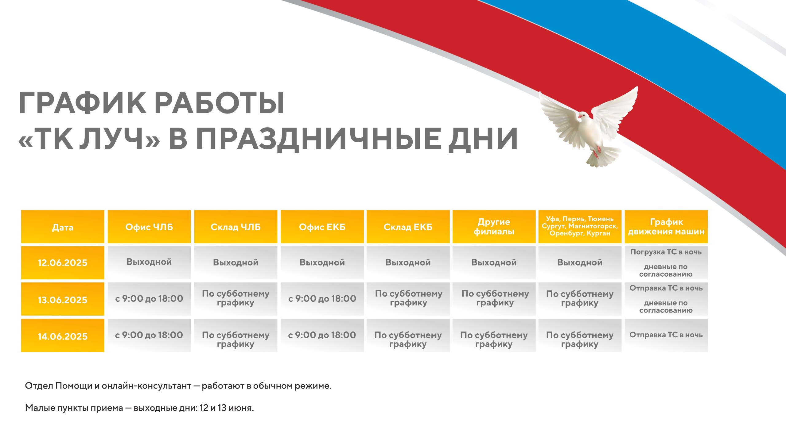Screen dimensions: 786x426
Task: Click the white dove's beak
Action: [579, 117]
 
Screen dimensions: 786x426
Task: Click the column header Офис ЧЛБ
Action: [149, 227]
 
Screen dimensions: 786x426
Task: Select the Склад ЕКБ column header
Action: [408, 227]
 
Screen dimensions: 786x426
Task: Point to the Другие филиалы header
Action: [494, 227]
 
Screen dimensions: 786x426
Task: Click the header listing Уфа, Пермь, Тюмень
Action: [580, 227]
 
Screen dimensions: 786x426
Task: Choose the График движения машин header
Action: [666, 227]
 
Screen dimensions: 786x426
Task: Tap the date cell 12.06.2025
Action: [63, 263]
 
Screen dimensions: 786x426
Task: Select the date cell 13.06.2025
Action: [63, 299]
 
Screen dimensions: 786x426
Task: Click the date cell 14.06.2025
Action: [63, 336]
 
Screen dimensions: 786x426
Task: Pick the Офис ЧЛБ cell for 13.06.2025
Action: [149, 299]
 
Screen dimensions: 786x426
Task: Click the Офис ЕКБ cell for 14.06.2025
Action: [322, 336]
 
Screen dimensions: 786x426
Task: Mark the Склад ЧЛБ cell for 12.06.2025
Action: [236, 263]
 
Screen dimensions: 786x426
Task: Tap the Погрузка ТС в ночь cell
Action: [666, 263]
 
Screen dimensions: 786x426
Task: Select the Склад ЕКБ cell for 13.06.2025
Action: [408, 299]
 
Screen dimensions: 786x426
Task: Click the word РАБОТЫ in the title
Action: [219, 103]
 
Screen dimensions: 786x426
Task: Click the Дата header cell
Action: [63, 227]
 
